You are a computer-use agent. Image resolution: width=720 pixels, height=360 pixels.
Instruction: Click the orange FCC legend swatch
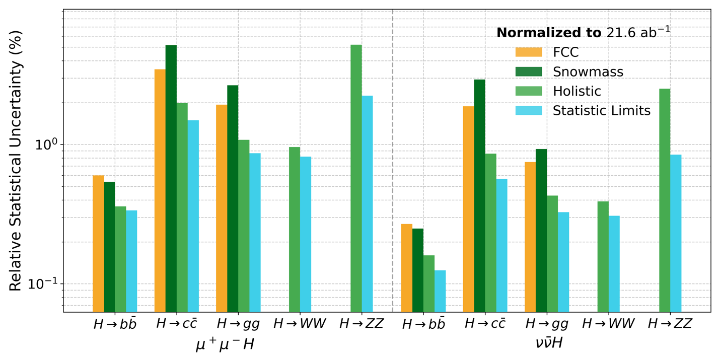[x=529, y=52]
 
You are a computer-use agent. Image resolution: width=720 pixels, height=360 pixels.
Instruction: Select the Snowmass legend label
[x=588, y=72]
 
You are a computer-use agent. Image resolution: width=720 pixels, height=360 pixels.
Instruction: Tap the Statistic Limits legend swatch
[x=529, y=111]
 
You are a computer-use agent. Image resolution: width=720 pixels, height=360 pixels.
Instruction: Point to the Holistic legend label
[x=577, y=91]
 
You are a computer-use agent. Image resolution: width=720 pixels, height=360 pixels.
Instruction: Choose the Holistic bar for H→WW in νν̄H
[x=603, y=257]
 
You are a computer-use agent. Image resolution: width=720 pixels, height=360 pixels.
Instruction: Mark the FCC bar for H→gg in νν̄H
[x=530, y=237]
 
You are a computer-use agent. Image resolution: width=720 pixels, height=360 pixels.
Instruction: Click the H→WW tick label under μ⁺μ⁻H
[x=300, y=324]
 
